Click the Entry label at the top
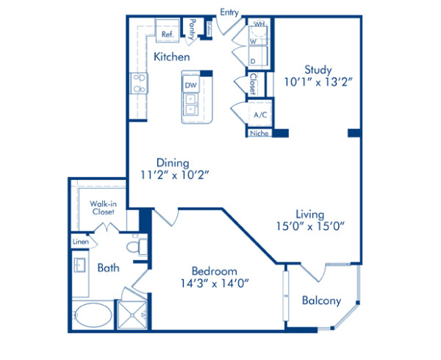pyautogui.click(x=230, y=12)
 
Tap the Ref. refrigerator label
pyautogui.click(x=167, y=33)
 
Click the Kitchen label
pyautogui.click(x=172, y=57)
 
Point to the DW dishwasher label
pyautogui.click(x=190, y=86)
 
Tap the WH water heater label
pyautogui.click(x=259, y=24)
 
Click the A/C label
pyautogui.click(x=259, y=115)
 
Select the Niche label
pyautogui.click(x=259, y=134)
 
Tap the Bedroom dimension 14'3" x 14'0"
pyautogui.click(x=210, y=281)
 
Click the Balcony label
pyautogui.click(x=321, y=300)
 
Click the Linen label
pyautogui.click(x=80, y=242)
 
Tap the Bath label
pyautogui.click(x=108, y=268)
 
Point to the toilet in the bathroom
pyautogui.click(x=135, y=246)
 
